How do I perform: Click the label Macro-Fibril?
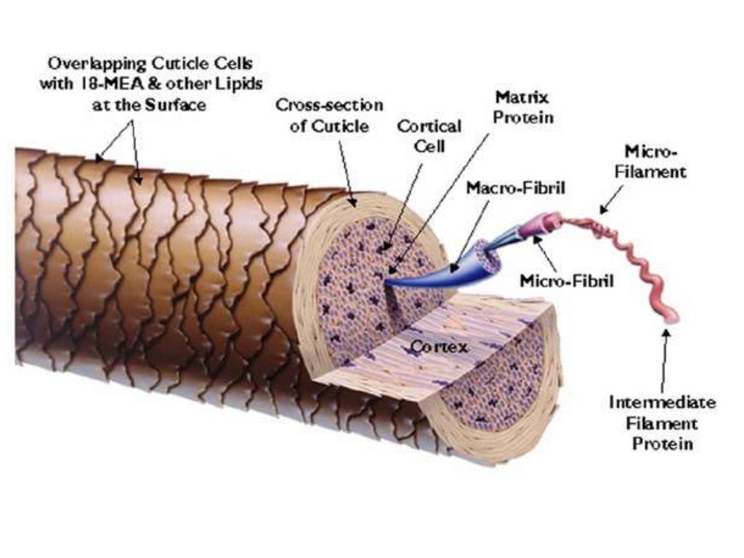click(515, 187)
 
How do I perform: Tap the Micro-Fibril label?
click(566, 280)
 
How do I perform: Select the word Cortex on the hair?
click(440, 348)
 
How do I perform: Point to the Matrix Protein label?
click(522, 107)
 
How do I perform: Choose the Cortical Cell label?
click(429, 135)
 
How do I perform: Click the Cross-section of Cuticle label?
click(329, 116)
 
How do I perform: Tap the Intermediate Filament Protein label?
click(663, 422)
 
